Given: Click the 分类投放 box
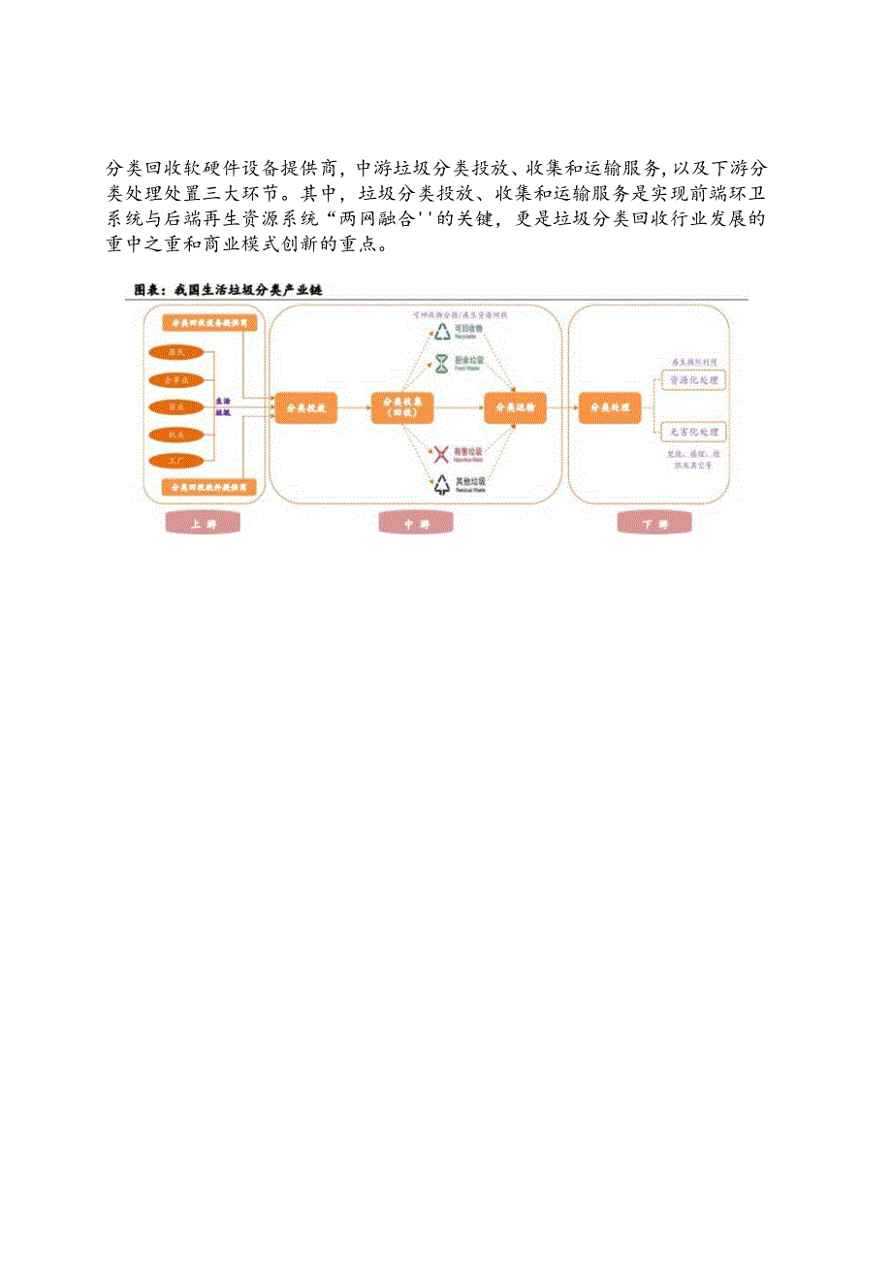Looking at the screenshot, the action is tap(305, 408).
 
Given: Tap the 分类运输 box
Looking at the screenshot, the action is tap(516, 408).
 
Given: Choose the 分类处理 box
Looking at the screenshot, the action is tap(610, 407).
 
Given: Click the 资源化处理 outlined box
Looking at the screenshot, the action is tap(693, 381).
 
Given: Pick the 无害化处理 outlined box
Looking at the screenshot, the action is tap(693, 432).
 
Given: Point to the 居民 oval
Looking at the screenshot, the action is tap(177, 352).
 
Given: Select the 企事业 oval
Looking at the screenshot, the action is tap(177, 378).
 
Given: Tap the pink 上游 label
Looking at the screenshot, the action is tap(204, 524).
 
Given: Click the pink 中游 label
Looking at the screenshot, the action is tap(416, 524).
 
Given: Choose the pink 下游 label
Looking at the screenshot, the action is tap(655, 524).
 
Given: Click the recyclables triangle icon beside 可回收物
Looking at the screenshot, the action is tap(442, 333).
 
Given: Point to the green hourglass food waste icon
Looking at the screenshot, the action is tap(442, 364).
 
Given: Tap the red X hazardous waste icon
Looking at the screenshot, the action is tap(442, 453).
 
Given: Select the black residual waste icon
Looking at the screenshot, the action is tap(442, 483).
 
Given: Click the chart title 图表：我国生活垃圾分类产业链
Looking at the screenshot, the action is tap(227, 290).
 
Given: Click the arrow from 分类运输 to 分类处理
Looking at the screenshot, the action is tap(562, 408).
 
